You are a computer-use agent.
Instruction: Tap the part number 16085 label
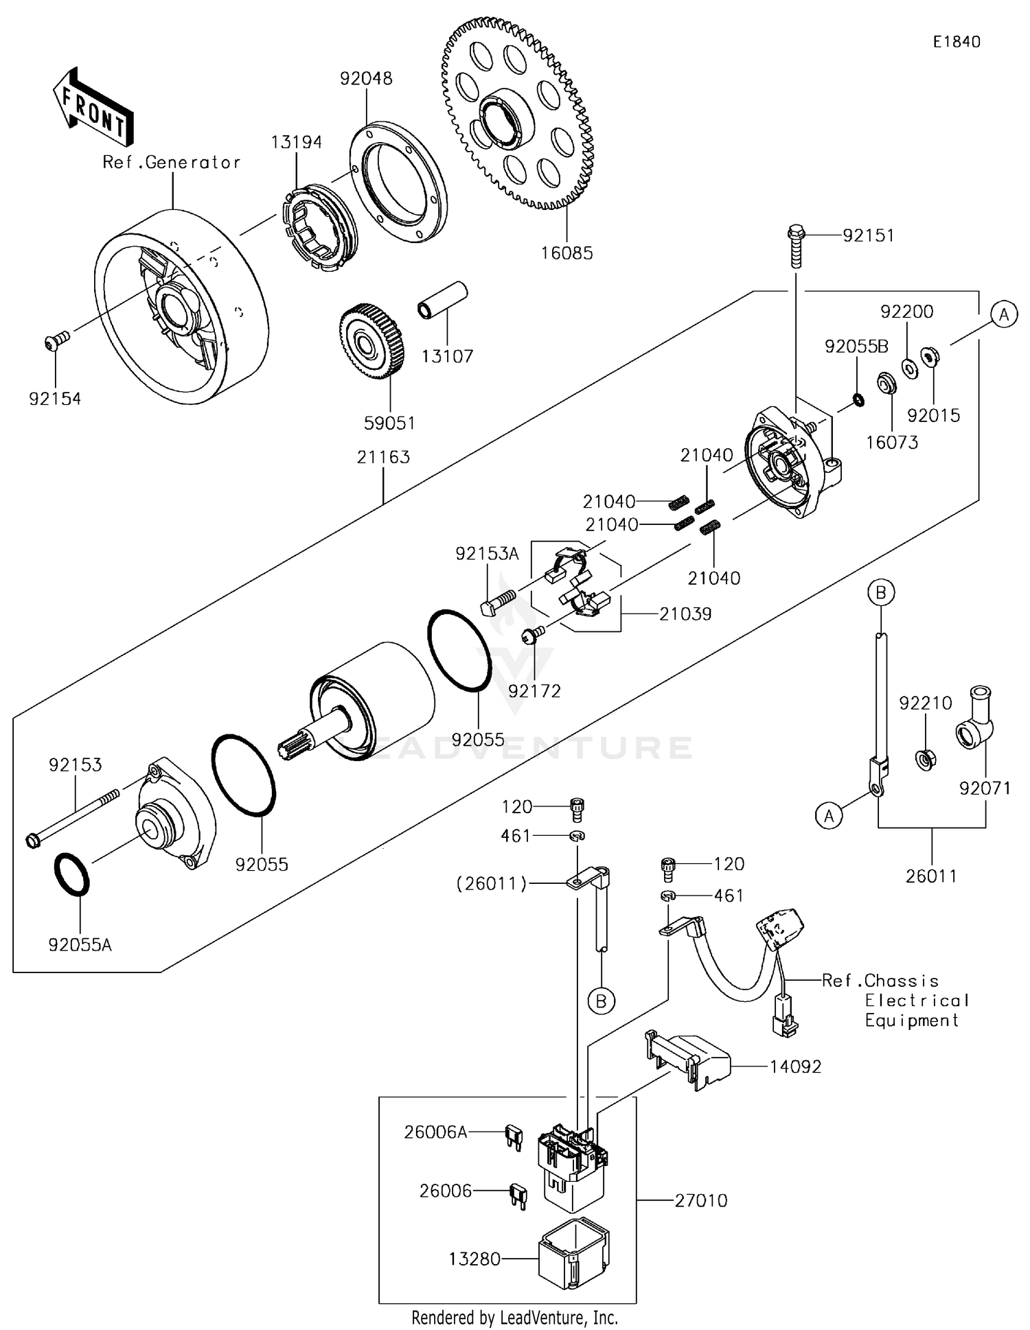566,253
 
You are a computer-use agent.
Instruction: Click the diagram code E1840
956,42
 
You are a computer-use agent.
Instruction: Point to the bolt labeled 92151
795,245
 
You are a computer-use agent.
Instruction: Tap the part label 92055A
80,945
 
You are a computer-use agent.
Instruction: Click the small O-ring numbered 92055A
71,874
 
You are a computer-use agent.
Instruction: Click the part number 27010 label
700,1200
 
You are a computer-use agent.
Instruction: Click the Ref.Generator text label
172,163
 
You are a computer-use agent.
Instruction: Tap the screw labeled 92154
56,341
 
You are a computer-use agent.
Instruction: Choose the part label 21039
685,614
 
